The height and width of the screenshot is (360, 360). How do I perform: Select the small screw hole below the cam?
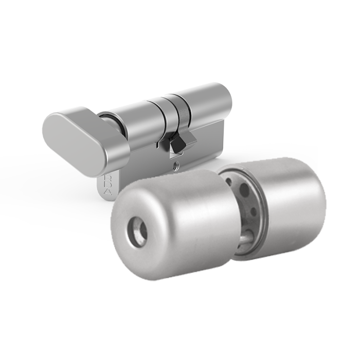pos(176,166)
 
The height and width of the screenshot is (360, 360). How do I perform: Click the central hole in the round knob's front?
pos(138,231)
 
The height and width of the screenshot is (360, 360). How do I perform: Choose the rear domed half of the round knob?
pos(293,206)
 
